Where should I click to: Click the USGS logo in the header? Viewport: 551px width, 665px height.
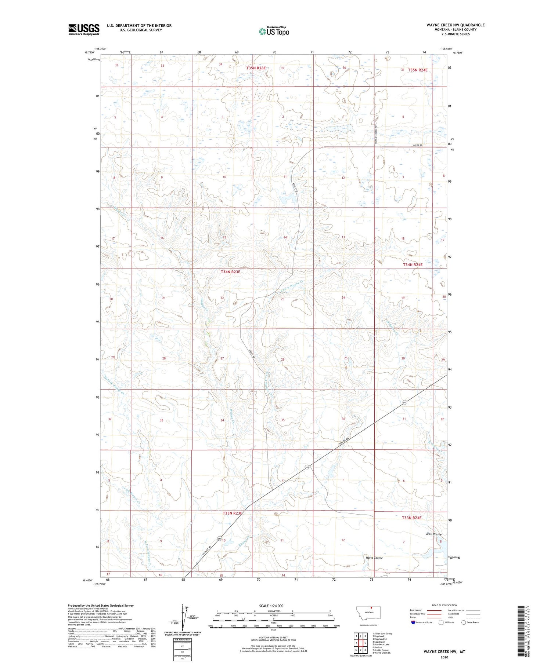click(x=84, y=29)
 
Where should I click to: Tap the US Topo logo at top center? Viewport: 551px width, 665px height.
click(x=274, y=32)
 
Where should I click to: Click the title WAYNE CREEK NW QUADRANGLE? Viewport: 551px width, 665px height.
click(x=450, y=25)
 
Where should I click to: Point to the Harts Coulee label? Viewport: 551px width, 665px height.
click(x=374, y=558)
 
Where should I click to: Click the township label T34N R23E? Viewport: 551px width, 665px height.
click(x=230, y=272)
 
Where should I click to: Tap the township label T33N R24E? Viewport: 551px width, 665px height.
click(x=412, y=518)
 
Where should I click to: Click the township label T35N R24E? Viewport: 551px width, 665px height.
click(x=418, y=70)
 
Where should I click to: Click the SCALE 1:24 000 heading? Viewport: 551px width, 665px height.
click(x=271, y=606)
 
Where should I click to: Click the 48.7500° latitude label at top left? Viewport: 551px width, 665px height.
click(x=90, y=52)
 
